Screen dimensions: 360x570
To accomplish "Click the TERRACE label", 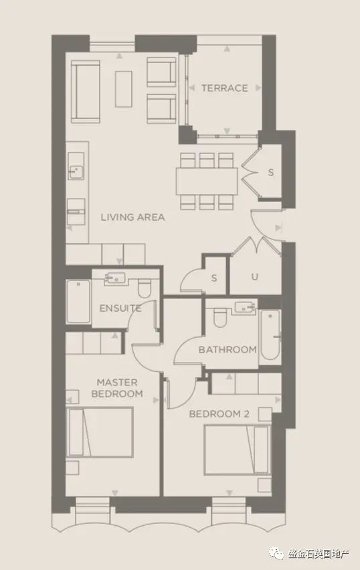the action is (x=225, y=88).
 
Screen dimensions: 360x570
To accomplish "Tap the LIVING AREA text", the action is (x=132, y=217).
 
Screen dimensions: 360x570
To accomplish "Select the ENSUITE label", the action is (x=120, y=308).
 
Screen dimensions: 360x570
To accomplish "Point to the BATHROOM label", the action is (x=228, y=350).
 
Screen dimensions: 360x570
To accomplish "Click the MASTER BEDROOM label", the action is (x=117, y=388).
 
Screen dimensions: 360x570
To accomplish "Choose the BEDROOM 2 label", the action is (x=219, y=414).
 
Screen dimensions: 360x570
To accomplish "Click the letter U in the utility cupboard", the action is (x=254, y=277).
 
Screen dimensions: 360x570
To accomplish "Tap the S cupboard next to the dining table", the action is (x=270, y=173).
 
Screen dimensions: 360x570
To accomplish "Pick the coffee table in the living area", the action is (x=124, y=89).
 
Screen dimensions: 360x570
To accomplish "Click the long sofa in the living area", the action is (x=86, y=92).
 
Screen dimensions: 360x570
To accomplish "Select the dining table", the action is (x=207, y=181).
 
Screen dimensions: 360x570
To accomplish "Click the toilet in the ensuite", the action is (x=145, y=288).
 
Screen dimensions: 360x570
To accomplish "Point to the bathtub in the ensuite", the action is (x=78, y=301).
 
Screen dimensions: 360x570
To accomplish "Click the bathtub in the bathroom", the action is (x=270, y=335).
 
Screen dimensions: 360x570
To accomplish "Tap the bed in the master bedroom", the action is (x=99, y=432).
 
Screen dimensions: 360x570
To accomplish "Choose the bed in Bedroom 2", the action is (x=237, y=450).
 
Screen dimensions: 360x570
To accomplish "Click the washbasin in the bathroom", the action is (x=246, y=308).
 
